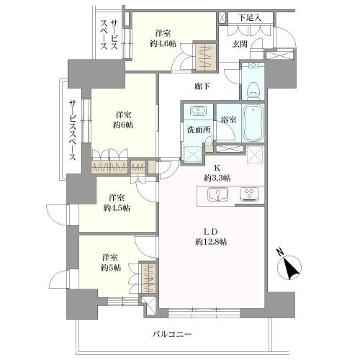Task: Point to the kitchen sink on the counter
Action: click(218, 194)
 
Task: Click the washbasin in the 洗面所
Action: click(196, 112)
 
